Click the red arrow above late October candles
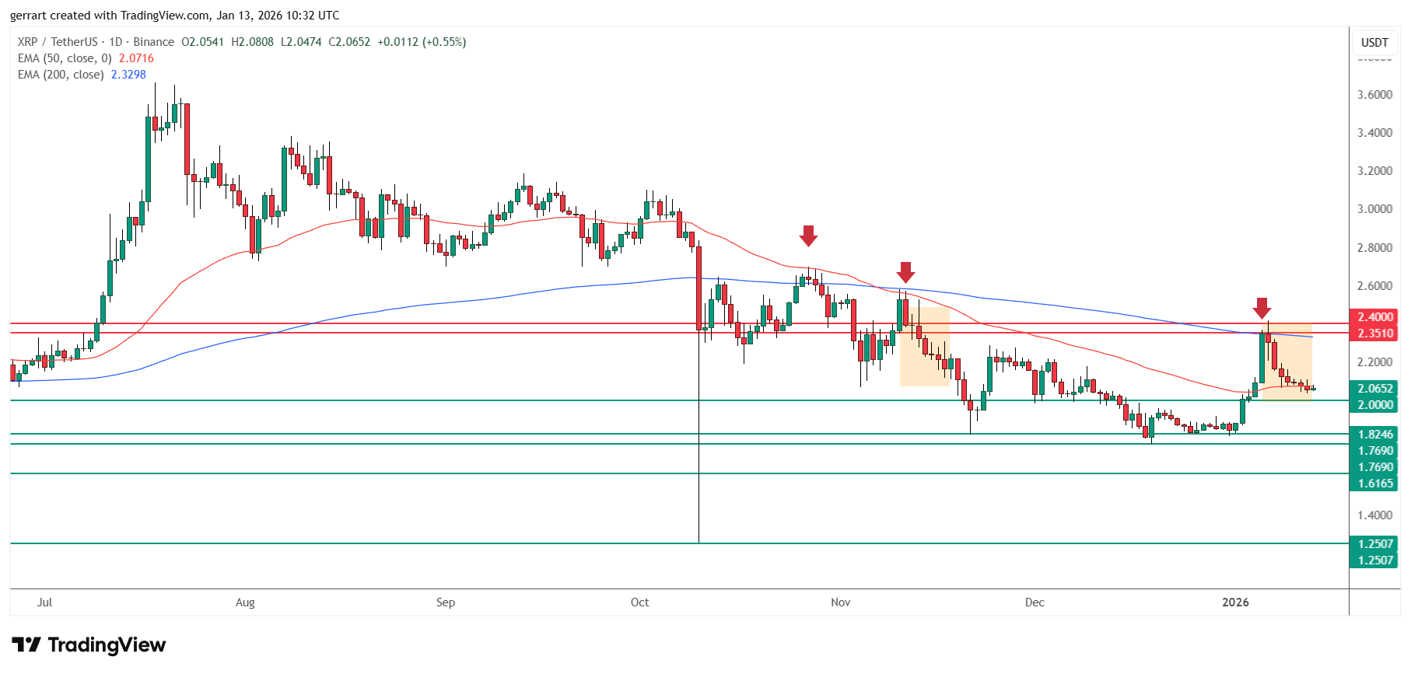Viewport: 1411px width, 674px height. tap(808, 236)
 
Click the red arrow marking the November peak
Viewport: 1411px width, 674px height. tap(905, 272)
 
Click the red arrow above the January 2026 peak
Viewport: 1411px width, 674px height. tap(1262, 308)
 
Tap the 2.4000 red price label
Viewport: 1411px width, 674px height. tap(1374, 317)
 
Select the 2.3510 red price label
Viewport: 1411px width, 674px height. tap(1374, 334)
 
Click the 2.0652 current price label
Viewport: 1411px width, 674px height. tap(1374, 389)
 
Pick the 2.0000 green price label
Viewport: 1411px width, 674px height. tap(1374, 405)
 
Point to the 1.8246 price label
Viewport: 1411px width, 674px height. tap(1374, 435)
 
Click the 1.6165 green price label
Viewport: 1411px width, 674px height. tap(1374, 484)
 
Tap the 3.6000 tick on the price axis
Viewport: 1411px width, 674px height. tap(1374, 95)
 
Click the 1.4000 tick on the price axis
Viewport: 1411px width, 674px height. tap(1374, 515)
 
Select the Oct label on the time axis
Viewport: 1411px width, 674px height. tap(639, 602)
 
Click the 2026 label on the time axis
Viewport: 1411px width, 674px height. tap(1235, 602)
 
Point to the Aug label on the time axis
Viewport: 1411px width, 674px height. tap(245, 602)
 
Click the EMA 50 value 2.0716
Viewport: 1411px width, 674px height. tap(136, 58)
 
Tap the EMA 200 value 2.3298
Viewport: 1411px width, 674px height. tap(128, 75)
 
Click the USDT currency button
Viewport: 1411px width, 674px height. tap(1374, 43)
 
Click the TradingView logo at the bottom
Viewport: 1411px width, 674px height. tap(89, 645)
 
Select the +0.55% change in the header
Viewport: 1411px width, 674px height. tap(444, 42)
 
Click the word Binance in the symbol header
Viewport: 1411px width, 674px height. tap(153, 42)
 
